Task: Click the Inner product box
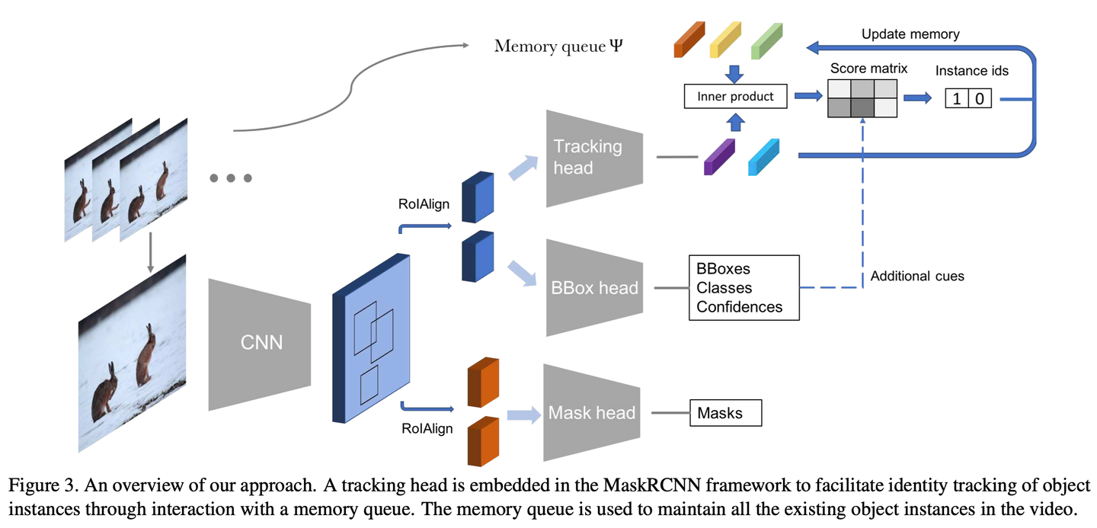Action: click(x=735, y=97)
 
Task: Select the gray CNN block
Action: click(x=260, y=344)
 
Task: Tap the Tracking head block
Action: click(x=594, y=158)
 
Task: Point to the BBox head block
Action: click(x=594, y=287)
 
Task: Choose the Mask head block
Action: click(x=592, y=412)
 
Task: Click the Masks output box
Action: click(x=725, y=413)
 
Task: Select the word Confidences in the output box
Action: click(x=739, y=306)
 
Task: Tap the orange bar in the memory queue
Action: click(x=689, y=39)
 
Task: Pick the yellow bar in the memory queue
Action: click(x=725, y=39)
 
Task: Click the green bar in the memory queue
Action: click(x=766, y=40)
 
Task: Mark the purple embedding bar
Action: click(x=719, y=157)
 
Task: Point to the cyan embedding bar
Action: click(x=763, y=157)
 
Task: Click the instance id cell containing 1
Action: click(x=957, y=98)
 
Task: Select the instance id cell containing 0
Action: click(x=980, y=98)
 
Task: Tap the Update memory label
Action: click(x=910, y=34)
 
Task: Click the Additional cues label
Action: click(x=916, y=276)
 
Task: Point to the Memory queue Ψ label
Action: click(x=558, y=46)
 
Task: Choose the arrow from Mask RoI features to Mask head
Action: click(x=523, y=414)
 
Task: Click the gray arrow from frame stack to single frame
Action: click(x=150, y=252)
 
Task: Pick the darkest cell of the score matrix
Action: click(x=862, y=107)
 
